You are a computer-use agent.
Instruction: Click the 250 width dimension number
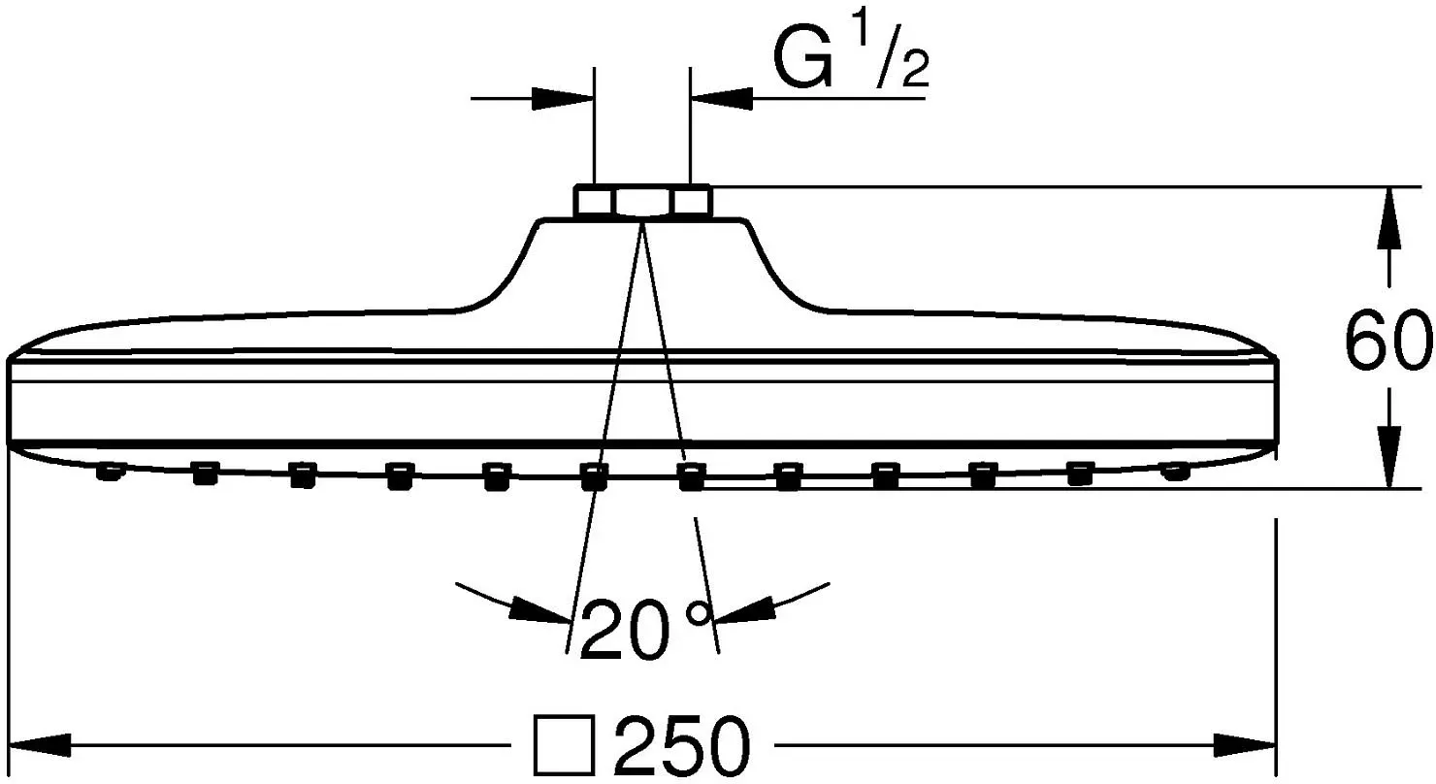tap(682, 745)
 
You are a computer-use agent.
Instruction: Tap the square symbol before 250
tap(564, 745)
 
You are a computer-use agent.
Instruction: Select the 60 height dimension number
tap(1387, 339)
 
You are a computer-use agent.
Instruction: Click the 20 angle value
tap(625, 630)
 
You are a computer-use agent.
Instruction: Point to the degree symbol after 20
tap(699, 613)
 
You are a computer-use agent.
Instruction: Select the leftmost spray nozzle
tap(109, 472)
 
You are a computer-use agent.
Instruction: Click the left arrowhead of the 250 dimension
tap(39, 745)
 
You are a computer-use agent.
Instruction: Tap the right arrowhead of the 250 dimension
tap(1245, 745)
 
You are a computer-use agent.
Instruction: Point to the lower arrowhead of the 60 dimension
tap(1388, 458)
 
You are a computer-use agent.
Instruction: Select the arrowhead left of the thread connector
tap(563, 99)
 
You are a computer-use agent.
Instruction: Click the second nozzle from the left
tap(206, 474)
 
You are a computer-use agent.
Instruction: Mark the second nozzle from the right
tap(1080, 474)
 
